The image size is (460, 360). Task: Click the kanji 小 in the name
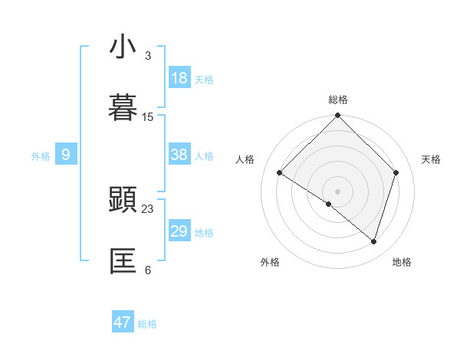coord(123,47)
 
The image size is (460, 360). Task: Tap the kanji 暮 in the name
coord(123,107)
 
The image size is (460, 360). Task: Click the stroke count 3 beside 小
coord(148,56)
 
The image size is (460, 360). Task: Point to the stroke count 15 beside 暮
coord(148,117)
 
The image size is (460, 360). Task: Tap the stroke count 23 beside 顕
coord(148,208)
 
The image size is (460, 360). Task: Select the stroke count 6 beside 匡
coord(148,270)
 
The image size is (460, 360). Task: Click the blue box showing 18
coord(179,78)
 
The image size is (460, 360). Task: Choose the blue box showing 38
coord(179,155)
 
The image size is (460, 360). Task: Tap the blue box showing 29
coord(179,231)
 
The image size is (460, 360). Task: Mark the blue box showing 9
coord(66,155)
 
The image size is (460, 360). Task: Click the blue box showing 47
coord(123,322)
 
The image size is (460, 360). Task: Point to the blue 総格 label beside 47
coord(147,324)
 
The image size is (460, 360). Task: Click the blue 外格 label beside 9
coord(41,156)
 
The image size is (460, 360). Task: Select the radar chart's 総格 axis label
coord(338,100)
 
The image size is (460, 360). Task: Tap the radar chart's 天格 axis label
coord(432,159)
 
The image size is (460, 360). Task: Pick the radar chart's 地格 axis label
coord(402,262)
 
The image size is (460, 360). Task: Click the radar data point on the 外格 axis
coord(329,204)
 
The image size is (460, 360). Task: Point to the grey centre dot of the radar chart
coord(338,191)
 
